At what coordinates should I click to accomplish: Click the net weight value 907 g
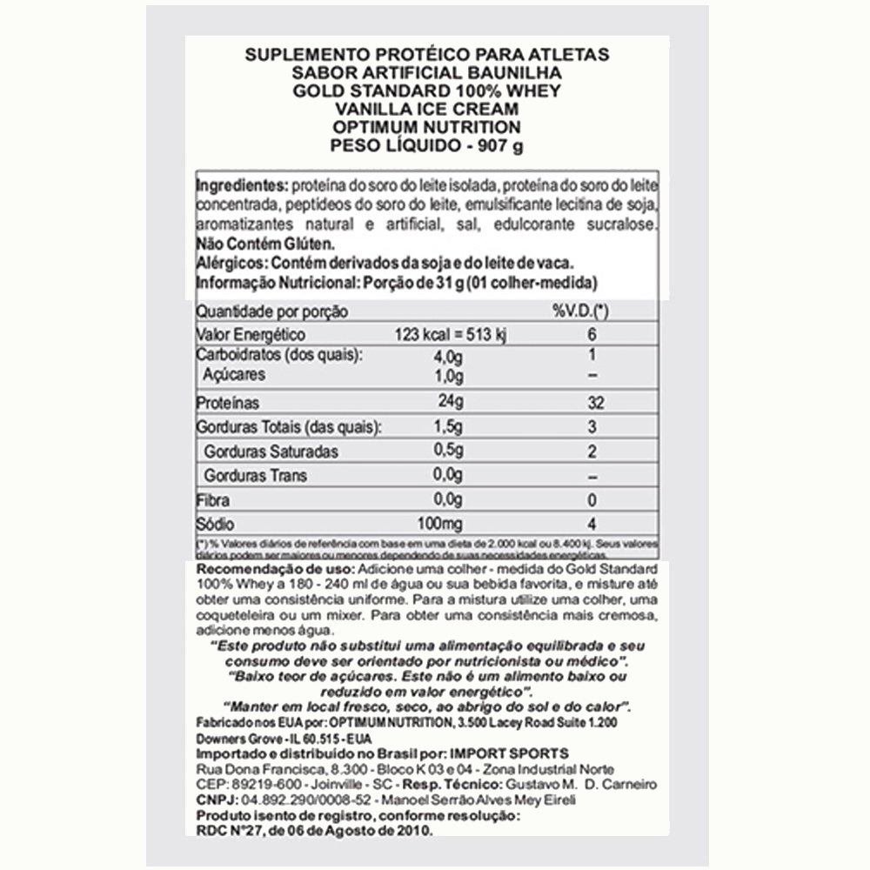click(498, 145)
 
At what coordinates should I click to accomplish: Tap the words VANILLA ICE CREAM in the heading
click(427, 109)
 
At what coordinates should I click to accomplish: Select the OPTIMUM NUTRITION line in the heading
click(427, 127)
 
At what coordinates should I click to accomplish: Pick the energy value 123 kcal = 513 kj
click(438, 336)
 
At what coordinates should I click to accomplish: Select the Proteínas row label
click(228, 404)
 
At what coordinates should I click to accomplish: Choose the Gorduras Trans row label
click(255, 476)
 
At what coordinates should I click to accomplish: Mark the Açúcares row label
click(234, 375)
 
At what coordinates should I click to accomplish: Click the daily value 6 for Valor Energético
click(591, 336)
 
